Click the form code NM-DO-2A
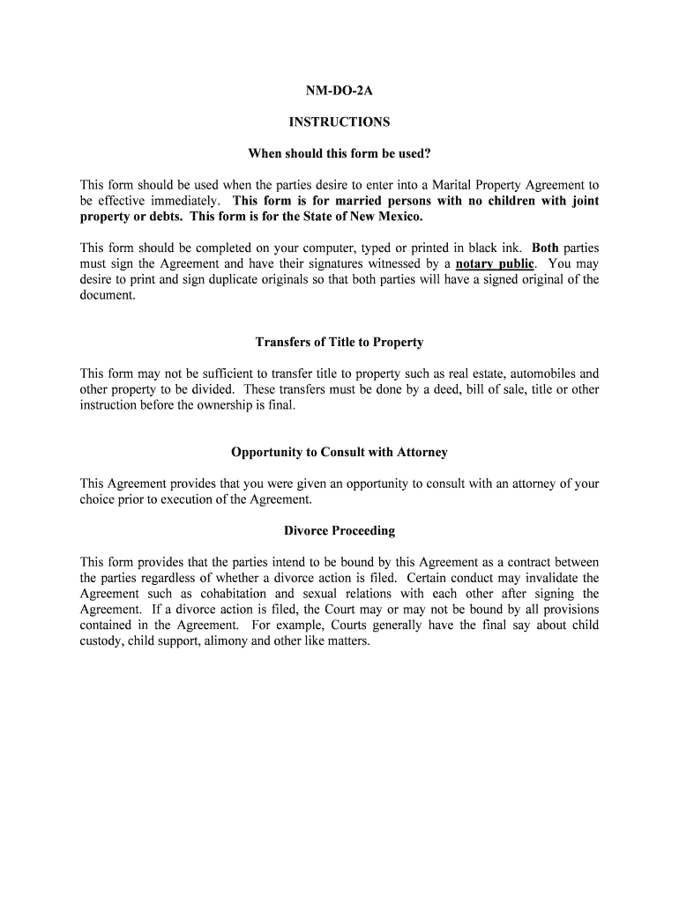(339, 90)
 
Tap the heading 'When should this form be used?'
(339, 154)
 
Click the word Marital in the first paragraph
(450, 185)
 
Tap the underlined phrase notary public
(494, 263)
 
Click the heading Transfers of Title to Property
(339, 342)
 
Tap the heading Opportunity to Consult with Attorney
(339, 452)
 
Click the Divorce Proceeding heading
(339, 531)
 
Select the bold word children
(493, 201)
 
